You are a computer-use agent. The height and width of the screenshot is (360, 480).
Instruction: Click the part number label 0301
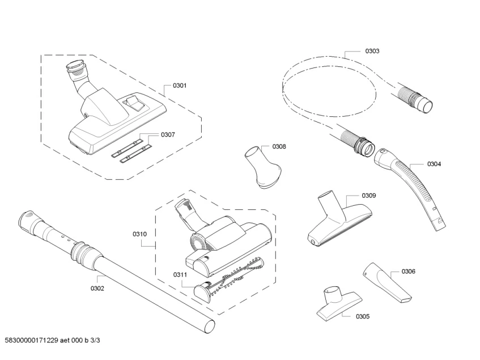coord(180,86)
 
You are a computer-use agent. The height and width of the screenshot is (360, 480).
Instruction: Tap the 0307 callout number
coord(168,134)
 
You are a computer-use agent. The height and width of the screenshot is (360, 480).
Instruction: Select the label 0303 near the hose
coord(372,51)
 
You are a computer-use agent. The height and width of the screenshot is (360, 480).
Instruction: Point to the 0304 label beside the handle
coord(434,164)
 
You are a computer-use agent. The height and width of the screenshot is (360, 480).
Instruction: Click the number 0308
coord(279,146)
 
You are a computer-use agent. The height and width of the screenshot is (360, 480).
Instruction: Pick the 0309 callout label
coord(369,195)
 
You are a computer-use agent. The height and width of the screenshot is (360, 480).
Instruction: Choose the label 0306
coord(408,271)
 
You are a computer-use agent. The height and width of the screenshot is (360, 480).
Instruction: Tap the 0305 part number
coord(363,316)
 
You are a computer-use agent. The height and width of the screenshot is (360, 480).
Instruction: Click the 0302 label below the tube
coord(97,288)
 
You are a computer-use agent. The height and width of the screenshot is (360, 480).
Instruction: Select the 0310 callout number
coord(139,234)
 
